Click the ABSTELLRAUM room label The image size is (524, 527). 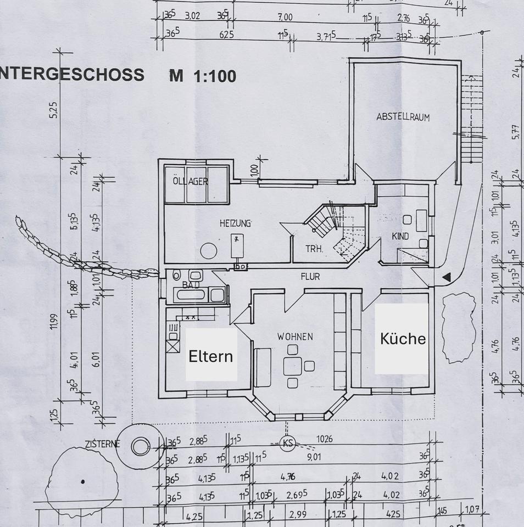pyautogui.click(x=403, y=117)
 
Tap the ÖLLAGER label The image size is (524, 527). pyautogui.click(x=189, y=181)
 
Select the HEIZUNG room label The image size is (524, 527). pyautogui.click(x=235, y=223)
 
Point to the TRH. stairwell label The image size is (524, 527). pyautogui.click(x=315, y=249)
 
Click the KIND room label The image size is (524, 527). pyautogui.click(x=400, y=236)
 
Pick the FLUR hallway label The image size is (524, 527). pyautogui.click(x=309, y=277)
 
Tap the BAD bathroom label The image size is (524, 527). pyautogui.click(x=190, y=285)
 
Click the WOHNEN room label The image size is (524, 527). pyautogui.click(x=294, y=336)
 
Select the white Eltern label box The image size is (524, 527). pyautogui.click(x=211, y=355)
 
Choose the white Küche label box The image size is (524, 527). pyautogui.click(x=402, y=339)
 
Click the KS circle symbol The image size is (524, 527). pyautogui.click(x=287, y=443)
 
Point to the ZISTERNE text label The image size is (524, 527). pyautogui.click(x=102, y=444)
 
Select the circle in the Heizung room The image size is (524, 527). pyautogui.click(x=209, y=251)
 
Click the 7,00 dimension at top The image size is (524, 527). pyautogui.click(x=285, y=17)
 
